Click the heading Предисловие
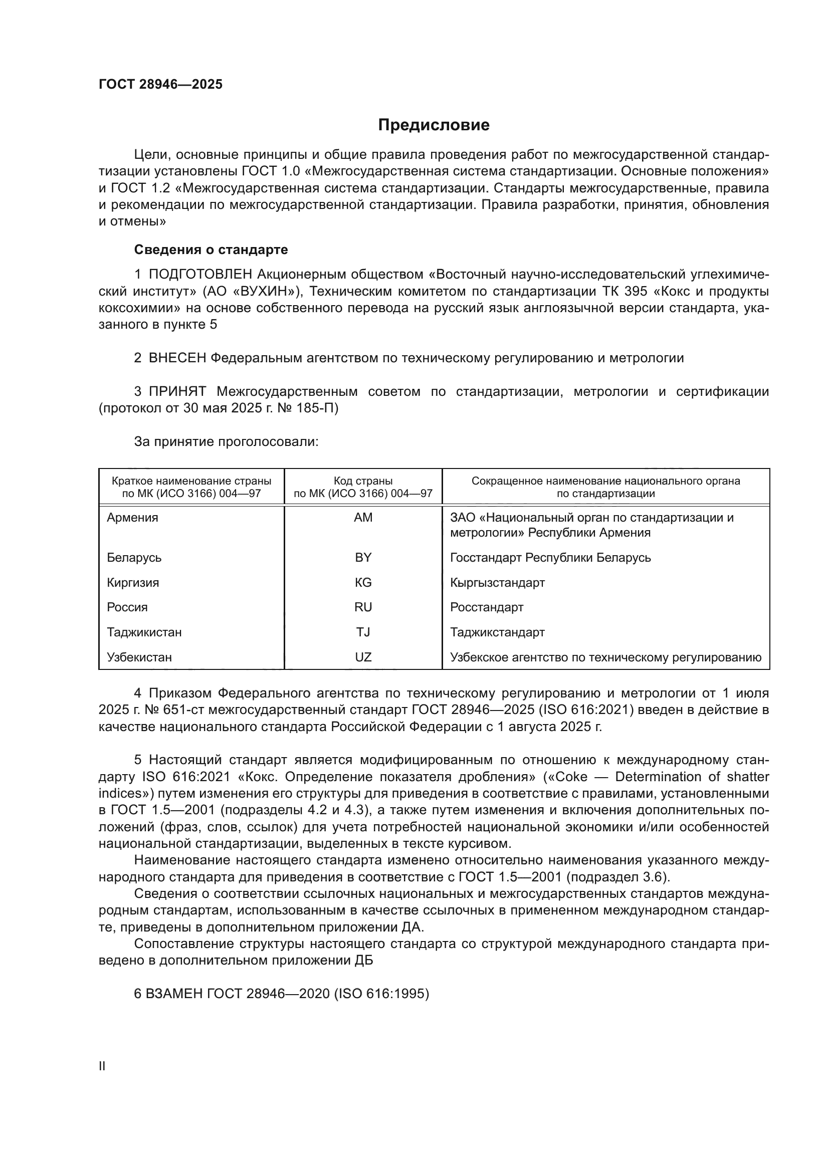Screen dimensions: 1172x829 point(434,125)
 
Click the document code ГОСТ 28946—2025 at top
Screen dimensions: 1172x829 point(160,85)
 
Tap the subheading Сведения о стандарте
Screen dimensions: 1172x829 point(211,250)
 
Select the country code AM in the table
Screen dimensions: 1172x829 point(363,518)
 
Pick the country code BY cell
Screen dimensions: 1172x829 point(363,557)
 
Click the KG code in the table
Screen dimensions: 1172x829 point(363,582)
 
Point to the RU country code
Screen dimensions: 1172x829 point(363,607)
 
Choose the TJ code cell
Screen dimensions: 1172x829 point(363,632)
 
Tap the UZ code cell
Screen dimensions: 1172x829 point(363,657)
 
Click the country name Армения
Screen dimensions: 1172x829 point(132,518)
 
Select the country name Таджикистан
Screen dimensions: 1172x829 point(144,632)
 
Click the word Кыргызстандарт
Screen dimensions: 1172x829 point(497,582)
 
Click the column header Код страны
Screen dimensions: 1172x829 point(363,481)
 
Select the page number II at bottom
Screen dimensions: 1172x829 point(102,1066)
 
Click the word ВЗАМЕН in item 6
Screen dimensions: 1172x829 point(175,994)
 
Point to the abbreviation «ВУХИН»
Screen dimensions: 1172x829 point(266,292)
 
